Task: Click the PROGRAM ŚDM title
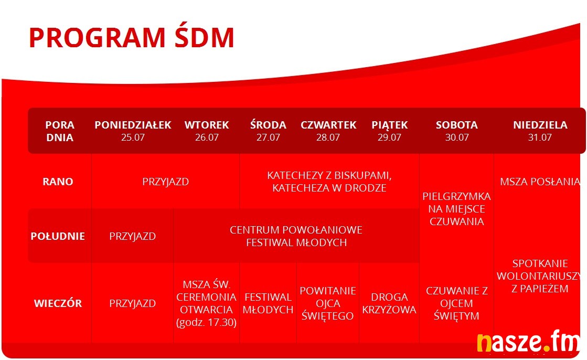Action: (131, 37)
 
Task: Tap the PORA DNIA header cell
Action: (60, 131)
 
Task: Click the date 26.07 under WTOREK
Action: (207, 137)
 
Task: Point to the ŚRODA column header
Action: (268, 124)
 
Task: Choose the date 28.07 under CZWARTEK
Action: (328, 137)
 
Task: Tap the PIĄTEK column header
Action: (389, 125)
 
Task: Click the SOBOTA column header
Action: (457, 125)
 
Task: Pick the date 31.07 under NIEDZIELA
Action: (540, 137)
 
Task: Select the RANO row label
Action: (58, 182)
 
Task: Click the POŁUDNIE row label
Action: (58, 236)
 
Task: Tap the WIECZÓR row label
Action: (58, 303)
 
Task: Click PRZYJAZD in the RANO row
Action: (165, 182)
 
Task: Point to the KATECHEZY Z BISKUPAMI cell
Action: (329, 182)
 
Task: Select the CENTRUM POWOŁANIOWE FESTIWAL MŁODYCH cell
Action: (296, 236)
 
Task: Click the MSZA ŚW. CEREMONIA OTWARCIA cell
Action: (206, 303)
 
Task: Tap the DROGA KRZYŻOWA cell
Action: (389, 303)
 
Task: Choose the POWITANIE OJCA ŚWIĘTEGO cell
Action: (327, 303)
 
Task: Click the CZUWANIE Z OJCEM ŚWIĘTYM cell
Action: (457, 303)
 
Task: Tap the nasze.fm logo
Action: (528, 342)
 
